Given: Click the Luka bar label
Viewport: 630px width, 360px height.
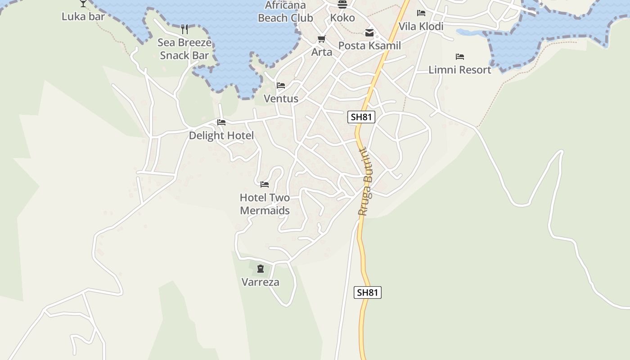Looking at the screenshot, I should pyautogui.click(x=83, y=17).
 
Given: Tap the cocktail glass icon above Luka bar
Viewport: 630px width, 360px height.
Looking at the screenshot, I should pyautogui.click(x=83, y=3).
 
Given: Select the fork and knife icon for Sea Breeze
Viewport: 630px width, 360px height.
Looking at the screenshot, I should pyautogui.click(x=184, y=30).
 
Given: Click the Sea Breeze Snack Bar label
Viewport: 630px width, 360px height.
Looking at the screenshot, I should pyautogui.click(x=184, y=49).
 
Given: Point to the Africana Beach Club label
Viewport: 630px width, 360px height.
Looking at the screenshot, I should pyautogui.click(x=285, y=12).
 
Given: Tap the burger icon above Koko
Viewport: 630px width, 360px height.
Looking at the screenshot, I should pyautogui.click(x=342, y=4).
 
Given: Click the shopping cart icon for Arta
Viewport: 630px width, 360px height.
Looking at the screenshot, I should pyautogui.click(x=321, y=39).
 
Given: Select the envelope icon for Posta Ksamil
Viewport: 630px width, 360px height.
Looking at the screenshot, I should pyautogui.click(x=369, y=33).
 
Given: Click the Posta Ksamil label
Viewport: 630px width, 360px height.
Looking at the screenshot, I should pyautogui.click(x=369, y=45).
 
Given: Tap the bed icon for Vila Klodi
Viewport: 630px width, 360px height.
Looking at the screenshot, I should pyautogui.click(x=421, y=13).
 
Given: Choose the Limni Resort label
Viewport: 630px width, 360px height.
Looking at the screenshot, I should pyautogui.click(x=460, y=70).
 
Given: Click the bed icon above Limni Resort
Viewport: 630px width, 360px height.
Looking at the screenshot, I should pyautogui.click(x=460, y=57).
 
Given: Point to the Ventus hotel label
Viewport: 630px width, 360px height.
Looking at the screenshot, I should pyautogui.click(x=281, y=99).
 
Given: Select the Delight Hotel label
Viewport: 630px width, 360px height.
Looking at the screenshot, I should pyautogui.click(x=221, y=135).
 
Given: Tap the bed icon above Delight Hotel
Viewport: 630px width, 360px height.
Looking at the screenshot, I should pyautogui.click(x=221, y=122).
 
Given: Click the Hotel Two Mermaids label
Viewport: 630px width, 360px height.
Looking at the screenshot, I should pyautogui.click(x=265, y=204).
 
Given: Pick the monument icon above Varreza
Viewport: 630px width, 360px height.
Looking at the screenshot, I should pyautogui.click(x=261, y=269).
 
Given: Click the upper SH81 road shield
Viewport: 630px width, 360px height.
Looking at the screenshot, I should pyautogui.click(x=361, y=117).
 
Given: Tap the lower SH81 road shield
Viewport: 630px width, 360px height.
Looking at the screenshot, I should pyautogui.click(x=367, y=292).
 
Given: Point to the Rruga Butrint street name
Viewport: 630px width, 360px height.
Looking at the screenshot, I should pyautogui.click(x=366, y=182).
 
